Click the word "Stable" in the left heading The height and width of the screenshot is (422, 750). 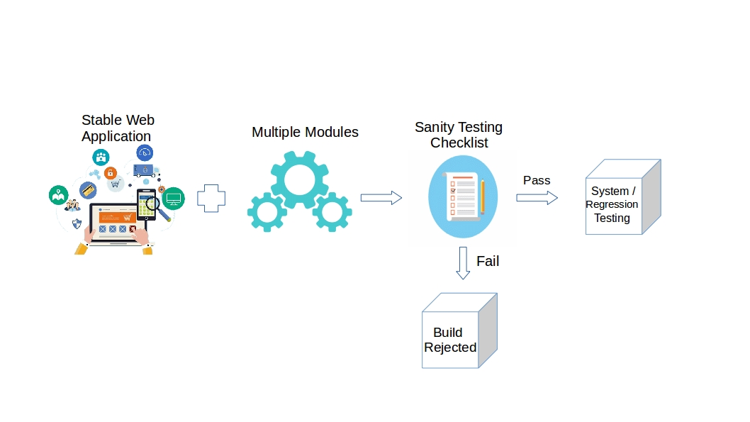click(x=98, y=120)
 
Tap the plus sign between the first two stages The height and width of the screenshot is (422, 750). click(x=211, y=198)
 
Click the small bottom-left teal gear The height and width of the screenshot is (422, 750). click(x=267, y=211)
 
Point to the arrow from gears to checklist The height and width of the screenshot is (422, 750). click(x=381, y=198)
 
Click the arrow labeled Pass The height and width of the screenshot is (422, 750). click(x=537, y=197)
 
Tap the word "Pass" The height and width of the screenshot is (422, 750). click(x=537, y=180)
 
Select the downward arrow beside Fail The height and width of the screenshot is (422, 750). click(x=463, y=262)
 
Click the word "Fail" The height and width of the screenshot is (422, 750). click(x=488, y=261)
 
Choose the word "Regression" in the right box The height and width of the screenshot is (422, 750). click(x=612, y=204)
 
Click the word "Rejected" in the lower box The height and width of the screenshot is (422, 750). click(x=450, y=348)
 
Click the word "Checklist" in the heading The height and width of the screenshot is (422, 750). click(x=459, y=143)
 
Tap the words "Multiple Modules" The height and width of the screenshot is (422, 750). click(x=305, y=132)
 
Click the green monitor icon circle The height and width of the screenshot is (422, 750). click(x=173, y=198)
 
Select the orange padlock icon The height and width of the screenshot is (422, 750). click(x=111, y=172)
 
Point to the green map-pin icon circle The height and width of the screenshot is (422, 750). click(x=58, y=195)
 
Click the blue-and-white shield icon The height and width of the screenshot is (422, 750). click(x=77, y=223)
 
